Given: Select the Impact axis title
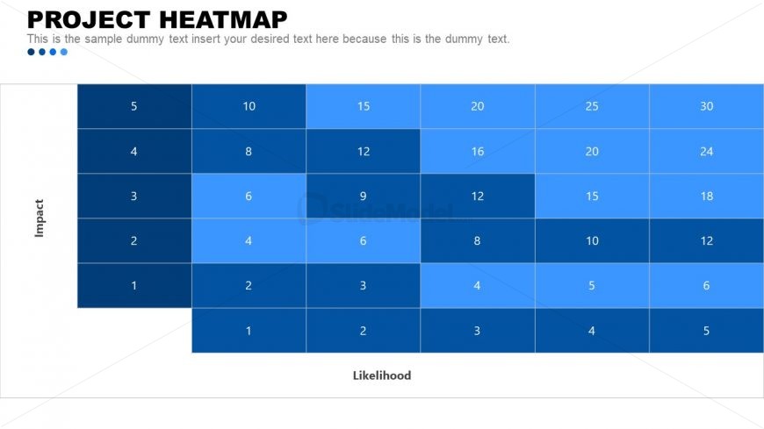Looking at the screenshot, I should click(x=39, y=218).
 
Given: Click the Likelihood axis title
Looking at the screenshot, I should click(x=381, y=375).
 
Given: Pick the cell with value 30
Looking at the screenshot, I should click(x=706, y=106).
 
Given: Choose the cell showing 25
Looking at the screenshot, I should click(x=592, y=106).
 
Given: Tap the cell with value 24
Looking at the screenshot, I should click(x=706, y=151).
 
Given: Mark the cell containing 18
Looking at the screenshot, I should click(x=706, y=196).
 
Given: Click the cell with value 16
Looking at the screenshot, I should click(x=477, y=151).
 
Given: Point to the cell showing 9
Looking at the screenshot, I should click(x=363, y=196).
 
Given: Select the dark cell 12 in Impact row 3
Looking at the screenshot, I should click(x=477, y=196).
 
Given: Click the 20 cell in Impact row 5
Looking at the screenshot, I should click(x=477, y=106).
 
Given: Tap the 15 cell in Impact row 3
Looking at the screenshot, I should click(x=592, y=196).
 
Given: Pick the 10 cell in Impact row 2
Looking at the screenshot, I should click(x=592, y=240).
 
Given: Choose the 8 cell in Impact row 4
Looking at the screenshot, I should click(x=249, y=151).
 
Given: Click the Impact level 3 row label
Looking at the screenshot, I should click(x=133, y=196).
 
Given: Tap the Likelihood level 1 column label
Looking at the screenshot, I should click(x=249, y=331).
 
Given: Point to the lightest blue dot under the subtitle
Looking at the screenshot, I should click(x=64, y=52).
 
